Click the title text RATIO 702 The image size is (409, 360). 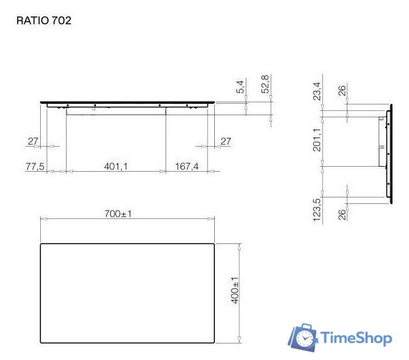point(44,21)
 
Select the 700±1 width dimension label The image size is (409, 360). point(120,213)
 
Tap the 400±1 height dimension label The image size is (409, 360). point(234,291)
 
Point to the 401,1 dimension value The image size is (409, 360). point(115,166)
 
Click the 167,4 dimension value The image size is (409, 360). point(187,166)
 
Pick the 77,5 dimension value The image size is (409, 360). point(36,166)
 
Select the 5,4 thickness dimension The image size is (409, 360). point(241,87)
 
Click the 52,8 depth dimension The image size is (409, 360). point(265,84)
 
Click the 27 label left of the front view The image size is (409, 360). point(33,142)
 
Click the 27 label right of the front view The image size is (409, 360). point(226,142)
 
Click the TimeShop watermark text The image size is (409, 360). point(356,337)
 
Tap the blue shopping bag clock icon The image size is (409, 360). point(304,338)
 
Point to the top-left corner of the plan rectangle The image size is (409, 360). point(40,244)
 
